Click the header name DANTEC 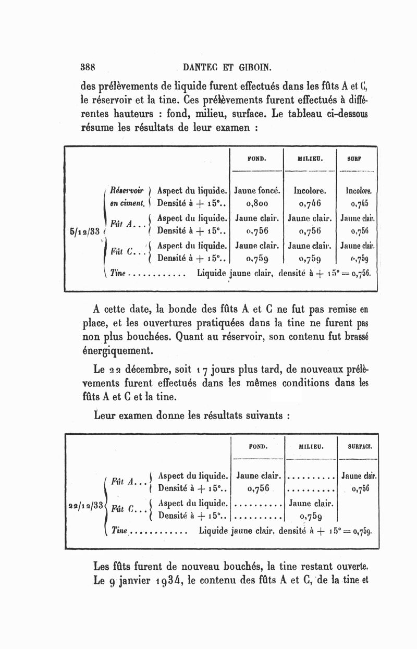(x=201, y=67)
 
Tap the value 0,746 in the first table (x=310, y=202)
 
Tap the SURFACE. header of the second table (x=358, y=446)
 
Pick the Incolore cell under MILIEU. (x=310, y=190)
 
